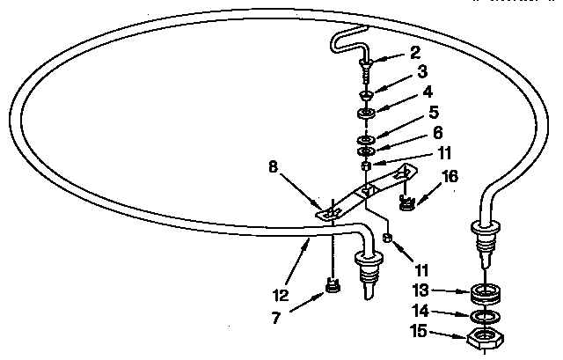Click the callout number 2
pos(415,53)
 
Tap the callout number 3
pos(422,71)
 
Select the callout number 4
pos(428,92)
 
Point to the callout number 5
pos(434,113)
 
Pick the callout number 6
pos(438,133)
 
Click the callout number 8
pos(274,166)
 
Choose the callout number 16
pos(450,176)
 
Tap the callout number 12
pos(281,296)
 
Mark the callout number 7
pos(275,318)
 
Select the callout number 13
pos(420,290)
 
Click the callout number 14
pos(420,311)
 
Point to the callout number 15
pos(419,331)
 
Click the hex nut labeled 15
pos(486,338)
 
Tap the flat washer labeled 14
pos(485,317)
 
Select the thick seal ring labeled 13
pos(486,293)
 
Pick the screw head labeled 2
pos(365,63)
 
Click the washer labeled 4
pos(366,114)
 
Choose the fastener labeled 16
pos(406,203)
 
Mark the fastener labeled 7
pos(333,285)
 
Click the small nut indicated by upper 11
pos(366,166)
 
